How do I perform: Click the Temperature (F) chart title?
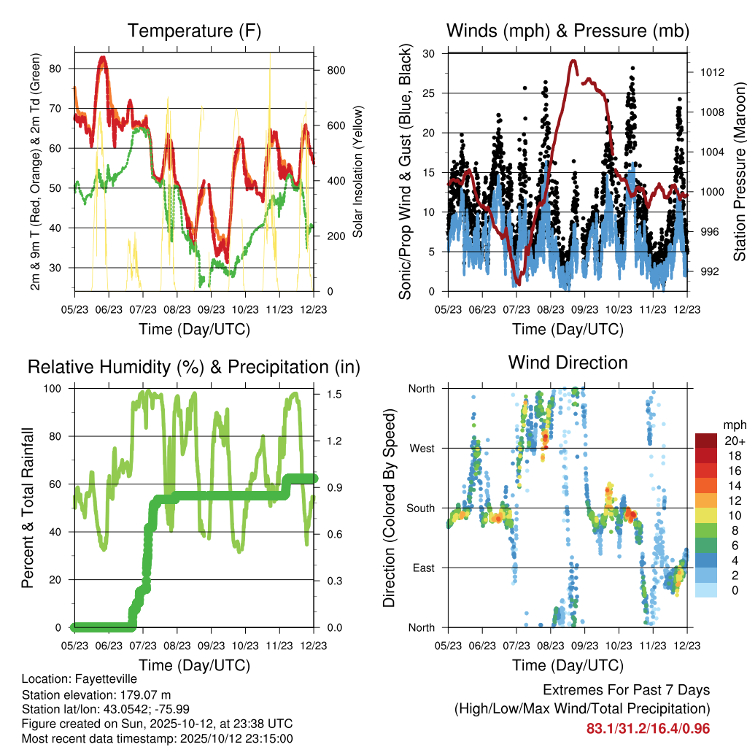[x=194, y=31]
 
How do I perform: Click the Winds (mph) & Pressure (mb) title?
[x=568, y=31]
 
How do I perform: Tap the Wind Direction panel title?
[x=568, y=363]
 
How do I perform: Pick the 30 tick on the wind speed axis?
[x=429, y=53]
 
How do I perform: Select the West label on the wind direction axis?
[x=422, y=448]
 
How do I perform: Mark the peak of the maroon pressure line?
[x=573, y=61]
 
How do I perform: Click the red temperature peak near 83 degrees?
[x=103, y=58]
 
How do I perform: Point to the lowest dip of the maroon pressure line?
[x=517, y=282]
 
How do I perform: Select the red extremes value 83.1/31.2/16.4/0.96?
[x=648, y=729]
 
